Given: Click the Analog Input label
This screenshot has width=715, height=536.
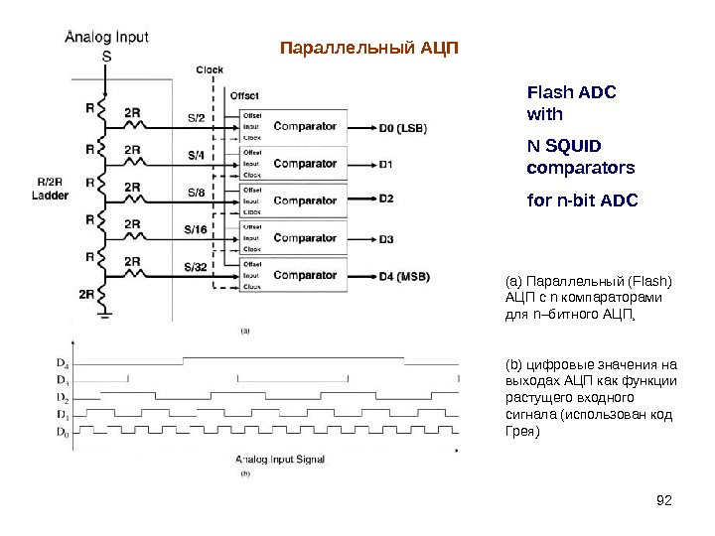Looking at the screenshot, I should pyautogui.click(x=106, y=38).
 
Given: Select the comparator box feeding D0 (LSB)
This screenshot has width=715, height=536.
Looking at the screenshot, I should pyautogui.click(x=305, y=126).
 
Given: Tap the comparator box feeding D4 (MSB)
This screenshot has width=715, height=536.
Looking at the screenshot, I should pyautogui.click(x=305, y=275).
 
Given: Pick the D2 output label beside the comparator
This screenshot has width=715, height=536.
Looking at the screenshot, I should pyautogui.click(x=385, y=200).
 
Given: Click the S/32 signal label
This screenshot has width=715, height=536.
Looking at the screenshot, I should pyautogui.click(x=197, y=267).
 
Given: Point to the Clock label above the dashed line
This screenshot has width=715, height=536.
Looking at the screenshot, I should pyautogui.click(x=210, y=69).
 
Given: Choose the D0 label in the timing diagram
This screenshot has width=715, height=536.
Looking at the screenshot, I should pyautogui.click(x=62, y=432).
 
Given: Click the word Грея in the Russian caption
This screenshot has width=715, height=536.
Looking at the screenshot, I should pyautogui.click(x=522, y=433).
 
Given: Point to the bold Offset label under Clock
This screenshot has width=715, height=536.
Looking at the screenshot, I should pyautogui.click(x=244, y=96).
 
